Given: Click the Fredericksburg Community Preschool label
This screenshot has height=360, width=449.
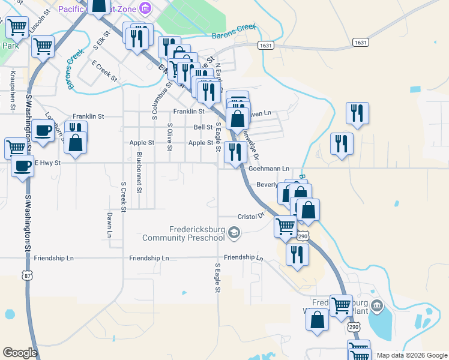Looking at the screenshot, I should click(184, 233).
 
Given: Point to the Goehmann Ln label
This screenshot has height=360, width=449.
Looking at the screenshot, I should click(273, 169).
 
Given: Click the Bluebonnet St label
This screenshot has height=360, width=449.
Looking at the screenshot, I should click(139, 172).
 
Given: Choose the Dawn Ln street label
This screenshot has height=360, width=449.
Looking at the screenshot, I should click(110, 223).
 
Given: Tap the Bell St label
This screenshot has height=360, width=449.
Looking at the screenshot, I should click(203, 127).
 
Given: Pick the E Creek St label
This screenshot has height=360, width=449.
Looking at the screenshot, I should click(104, 71).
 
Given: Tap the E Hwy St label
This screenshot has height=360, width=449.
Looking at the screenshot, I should click(47, 163).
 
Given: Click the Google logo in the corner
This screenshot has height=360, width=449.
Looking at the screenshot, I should click(20, 353).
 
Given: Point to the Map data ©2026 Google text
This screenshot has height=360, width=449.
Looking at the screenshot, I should click(412, 355).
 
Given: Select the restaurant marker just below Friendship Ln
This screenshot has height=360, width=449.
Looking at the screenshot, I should click(297, 254).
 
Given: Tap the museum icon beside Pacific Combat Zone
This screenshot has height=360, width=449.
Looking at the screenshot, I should click(145, 8).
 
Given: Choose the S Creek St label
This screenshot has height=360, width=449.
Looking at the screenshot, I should click(123, 197).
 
